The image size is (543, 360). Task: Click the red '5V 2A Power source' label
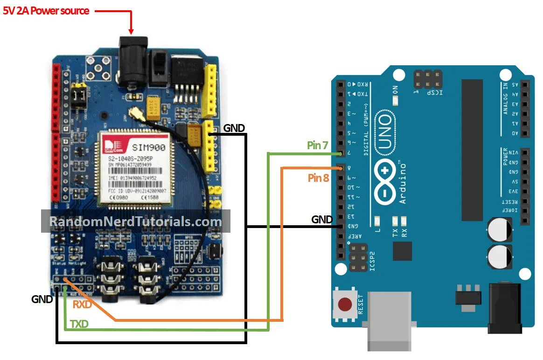point(46,11)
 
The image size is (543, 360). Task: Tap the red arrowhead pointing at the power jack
point(131,31)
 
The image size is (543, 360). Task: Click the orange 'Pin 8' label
point(318,178)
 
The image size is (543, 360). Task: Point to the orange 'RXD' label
point(82,305)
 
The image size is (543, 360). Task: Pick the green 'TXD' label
point(79,324)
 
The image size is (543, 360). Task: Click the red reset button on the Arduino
point(345,305)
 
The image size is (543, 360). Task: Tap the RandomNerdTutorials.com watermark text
point(135,222)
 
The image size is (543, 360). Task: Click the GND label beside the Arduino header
point(322,219)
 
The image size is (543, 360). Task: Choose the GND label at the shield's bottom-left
point(42,299)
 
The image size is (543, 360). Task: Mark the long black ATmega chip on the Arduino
point(472,149)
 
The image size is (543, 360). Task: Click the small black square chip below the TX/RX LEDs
point(402,251)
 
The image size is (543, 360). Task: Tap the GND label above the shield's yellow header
point(234,128)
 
